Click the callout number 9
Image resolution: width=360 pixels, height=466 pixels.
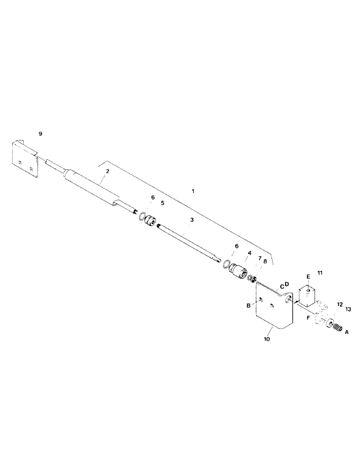coord(41,134)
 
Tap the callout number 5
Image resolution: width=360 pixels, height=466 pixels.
coord(162,203)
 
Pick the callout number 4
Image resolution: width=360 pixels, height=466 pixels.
coord(250,253)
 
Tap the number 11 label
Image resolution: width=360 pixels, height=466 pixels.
coord(319,271)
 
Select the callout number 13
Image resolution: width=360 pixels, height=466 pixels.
coord(348,309)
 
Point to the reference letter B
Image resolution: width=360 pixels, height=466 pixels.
coord(249,305)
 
